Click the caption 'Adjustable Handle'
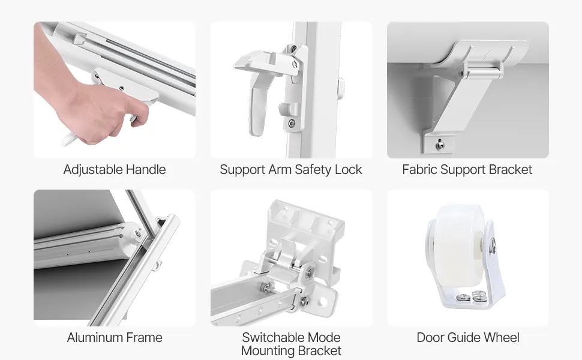tap(115, 170)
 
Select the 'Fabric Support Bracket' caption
tap(467, 170)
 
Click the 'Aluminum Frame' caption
tap(115, 337)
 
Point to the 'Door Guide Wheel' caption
tap(467, 337)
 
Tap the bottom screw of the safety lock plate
tap(292, 122)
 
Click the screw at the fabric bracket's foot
tap(440, 145)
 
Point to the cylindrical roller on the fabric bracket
tap(483, 70)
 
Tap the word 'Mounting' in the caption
tap(267, 351)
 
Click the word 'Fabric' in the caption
tap(420, 170)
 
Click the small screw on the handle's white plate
tap(121, 88)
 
